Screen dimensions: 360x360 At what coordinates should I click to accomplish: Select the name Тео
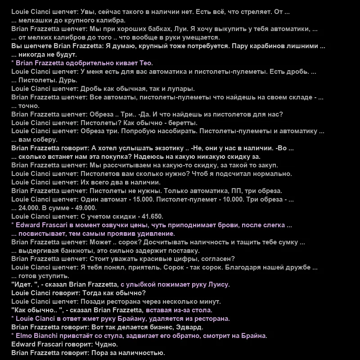coord(145,63)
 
